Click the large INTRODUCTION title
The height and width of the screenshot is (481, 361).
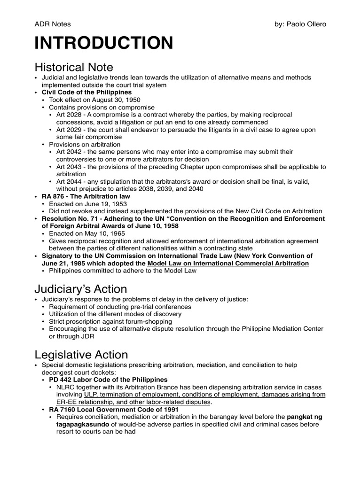(104, 43)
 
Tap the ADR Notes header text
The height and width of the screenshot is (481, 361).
(53, 24)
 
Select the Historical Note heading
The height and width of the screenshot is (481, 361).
(74, 67)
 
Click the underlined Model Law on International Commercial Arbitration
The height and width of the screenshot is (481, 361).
(228, 264)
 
